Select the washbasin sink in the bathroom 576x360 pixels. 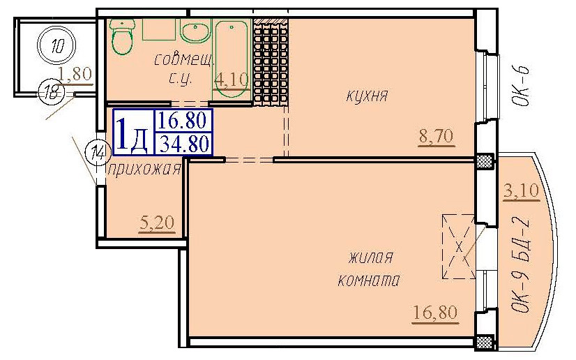[x=195, y=31]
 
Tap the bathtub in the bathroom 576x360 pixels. [x=231, y=52]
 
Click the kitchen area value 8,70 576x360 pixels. [x=436, y=136]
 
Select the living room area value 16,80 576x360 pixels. [x=436, y=312]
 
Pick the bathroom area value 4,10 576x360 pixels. [x=231, y=79]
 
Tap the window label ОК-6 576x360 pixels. [x=525, y=87]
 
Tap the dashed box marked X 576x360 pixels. [x=458, y=246]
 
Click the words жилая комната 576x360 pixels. [x=367, y=269]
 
